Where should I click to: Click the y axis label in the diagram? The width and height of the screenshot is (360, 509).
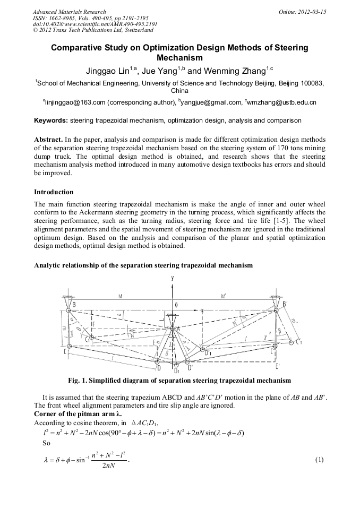point(173,278)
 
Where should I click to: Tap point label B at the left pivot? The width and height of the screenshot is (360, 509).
point(74,304)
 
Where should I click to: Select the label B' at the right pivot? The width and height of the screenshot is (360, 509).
point(286,304)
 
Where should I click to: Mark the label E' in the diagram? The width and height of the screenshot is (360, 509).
point(277,367)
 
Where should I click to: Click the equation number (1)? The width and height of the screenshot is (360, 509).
point(320,458)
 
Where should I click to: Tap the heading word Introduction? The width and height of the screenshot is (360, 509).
point(54,192)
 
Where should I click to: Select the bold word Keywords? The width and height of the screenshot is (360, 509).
point(51,120)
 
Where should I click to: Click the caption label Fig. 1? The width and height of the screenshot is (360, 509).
point(79,381)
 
